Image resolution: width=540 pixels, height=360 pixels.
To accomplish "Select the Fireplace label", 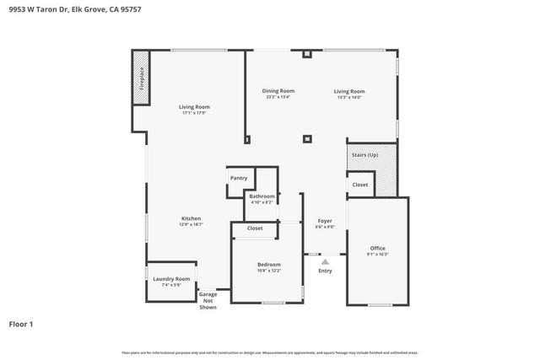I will (x=142, y=78).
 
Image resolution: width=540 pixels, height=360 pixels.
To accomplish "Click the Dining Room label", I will (x=278, y=91).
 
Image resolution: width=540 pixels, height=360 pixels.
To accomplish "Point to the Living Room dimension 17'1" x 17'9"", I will (x=194, y=113).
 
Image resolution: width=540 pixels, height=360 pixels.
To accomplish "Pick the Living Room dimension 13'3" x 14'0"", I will (x=348, y=97).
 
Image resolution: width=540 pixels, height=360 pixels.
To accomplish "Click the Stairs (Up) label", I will (x=364, y=155).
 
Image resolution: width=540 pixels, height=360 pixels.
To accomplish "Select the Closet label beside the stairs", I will (x=360, y=184).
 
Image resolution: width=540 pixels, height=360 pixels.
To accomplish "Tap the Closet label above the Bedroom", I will (x=255, y=228).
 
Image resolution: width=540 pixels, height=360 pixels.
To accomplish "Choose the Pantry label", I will (x=239, y=178).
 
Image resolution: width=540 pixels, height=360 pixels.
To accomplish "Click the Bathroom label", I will (x=262, y=196).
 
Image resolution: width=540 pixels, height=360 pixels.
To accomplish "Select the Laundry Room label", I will (x=171, y=278).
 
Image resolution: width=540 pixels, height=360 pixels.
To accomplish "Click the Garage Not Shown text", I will (x=208, y=300).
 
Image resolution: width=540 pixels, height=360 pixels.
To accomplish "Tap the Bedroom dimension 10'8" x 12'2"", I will (x=269, y=271).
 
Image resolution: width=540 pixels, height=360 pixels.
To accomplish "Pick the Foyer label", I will (x=325, y=220).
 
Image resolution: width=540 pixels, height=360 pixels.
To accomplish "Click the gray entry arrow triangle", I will (x=325, y=261).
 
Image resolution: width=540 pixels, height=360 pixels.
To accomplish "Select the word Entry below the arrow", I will (x=325, y=271).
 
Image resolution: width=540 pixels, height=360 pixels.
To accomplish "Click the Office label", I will (x=377, y=248).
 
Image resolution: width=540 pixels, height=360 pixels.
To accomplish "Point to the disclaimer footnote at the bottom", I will (x=270, y=352).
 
